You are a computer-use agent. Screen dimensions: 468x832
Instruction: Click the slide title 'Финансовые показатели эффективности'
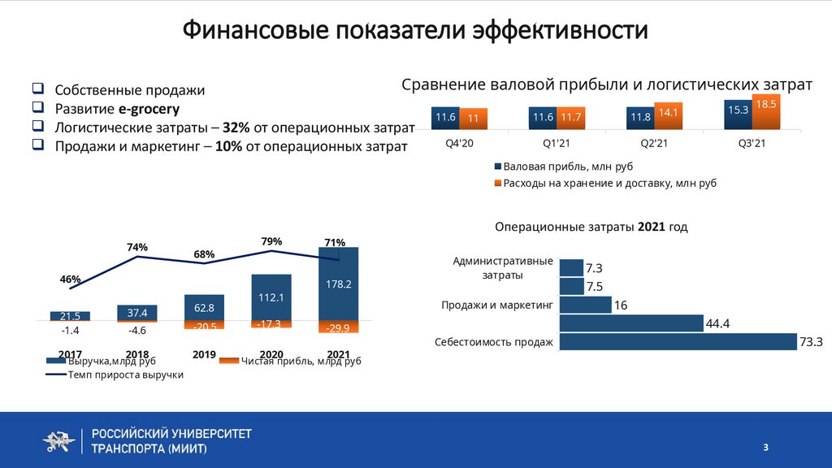click(415, 31)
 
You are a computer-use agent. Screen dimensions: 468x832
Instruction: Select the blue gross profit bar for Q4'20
click(445, 119)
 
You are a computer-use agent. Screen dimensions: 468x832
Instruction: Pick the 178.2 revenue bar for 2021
click(338, 284)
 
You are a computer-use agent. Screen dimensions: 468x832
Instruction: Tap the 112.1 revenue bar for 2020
click(271, 297)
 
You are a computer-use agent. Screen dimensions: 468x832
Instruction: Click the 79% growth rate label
click(271, 241)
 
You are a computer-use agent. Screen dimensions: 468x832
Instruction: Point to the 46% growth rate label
click(70, 279)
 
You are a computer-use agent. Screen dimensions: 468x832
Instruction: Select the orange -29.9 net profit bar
click(338, 327)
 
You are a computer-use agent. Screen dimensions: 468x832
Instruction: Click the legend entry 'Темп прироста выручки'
click(115, 375)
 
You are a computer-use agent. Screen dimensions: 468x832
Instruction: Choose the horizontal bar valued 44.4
click(631, 323)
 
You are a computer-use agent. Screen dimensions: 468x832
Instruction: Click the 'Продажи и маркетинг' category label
click(496, 305)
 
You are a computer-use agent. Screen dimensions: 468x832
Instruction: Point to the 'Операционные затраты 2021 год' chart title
click(591, 227)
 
